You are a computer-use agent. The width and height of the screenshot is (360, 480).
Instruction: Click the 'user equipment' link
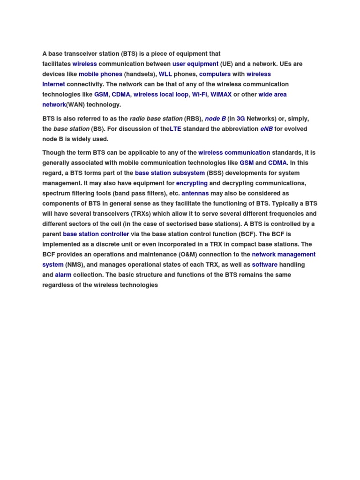(195, 64)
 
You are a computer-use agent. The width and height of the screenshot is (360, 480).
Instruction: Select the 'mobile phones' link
(100, 74)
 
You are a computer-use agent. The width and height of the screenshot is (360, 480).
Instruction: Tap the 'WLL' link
(165, 74)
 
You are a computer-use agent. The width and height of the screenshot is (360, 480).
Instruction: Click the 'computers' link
(215, 74)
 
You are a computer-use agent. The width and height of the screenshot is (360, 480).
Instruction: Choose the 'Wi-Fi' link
(199, 94)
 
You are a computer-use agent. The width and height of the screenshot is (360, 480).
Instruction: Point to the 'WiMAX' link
(221, 94)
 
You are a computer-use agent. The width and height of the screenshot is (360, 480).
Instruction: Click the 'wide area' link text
(272, 94)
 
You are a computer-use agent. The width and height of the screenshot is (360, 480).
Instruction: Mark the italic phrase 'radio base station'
(156, 119)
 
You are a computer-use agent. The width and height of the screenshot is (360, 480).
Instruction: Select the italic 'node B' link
(215, 119)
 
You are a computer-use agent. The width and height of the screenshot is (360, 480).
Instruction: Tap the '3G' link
(241, 119)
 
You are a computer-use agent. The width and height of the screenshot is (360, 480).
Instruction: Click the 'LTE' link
(175, 129)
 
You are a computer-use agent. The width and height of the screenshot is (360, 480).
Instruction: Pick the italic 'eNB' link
(266, 129)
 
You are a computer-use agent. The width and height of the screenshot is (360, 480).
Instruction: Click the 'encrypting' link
(192, 183)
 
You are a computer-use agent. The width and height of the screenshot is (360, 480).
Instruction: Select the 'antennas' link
(195, 193)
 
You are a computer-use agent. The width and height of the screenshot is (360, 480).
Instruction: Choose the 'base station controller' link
(96, 234)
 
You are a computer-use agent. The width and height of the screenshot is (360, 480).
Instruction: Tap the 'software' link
(264, 265)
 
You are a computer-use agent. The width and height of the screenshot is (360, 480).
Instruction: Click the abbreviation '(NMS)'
(75, 265)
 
